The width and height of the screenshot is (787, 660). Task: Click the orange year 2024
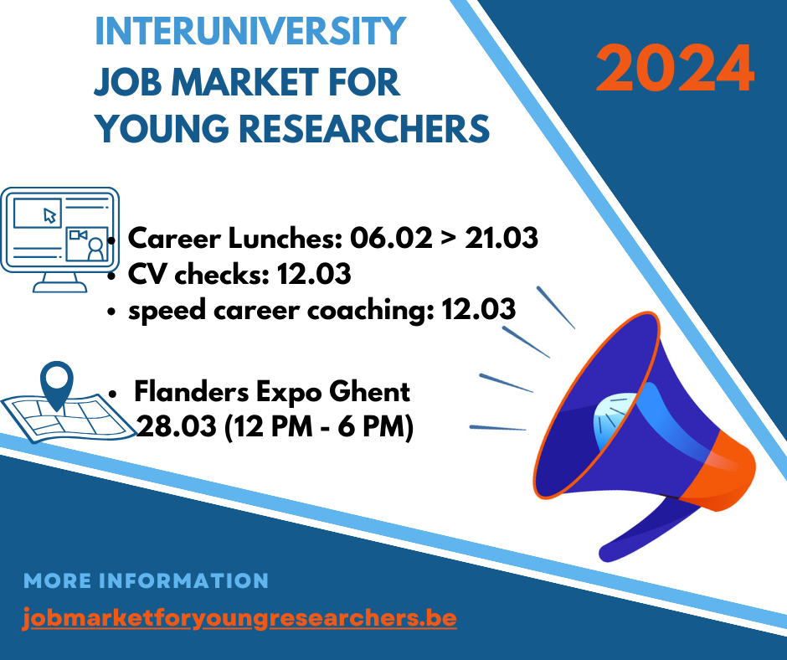(x=675, y=68)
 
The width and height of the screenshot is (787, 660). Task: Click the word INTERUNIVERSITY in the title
(x=250, y=31)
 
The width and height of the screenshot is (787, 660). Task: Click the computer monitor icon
(x=59, y=240)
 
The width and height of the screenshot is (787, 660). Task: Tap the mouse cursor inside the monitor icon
(x=50, y=215)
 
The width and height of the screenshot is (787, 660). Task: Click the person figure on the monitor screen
(x=95, y=250)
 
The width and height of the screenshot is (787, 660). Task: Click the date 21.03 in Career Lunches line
(x=502, y=238)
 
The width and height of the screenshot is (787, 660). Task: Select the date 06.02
(x=390, y=238)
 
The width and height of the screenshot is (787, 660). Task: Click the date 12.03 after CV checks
(x=314, y=274)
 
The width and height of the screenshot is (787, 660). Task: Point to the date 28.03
(x=176, y=427)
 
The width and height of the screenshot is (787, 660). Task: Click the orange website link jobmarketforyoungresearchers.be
(x=240, y=618)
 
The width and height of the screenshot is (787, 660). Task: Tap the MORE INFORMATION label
(x=146, y=581)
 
